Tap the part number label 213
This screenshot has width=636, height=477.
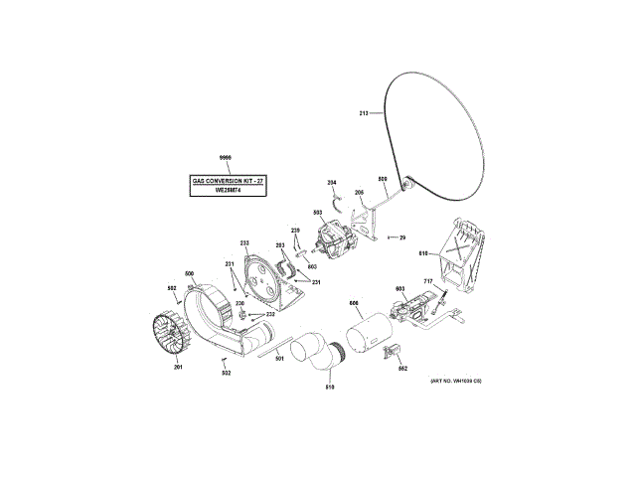[x=364, y=114]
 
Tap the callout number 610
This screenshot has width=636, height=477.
[x=421, y=253]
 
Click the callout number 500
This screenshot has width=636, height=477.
[x=189, y=273]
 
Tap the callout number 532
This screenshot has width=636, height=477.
[x=227, y=373]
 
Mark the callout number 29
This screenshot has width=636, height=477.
[x=402, y=238]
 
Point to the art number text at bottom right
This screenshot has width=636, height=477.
[x=455, y=382]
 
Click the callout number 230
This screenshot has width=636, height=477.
[x=239, y=303]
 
